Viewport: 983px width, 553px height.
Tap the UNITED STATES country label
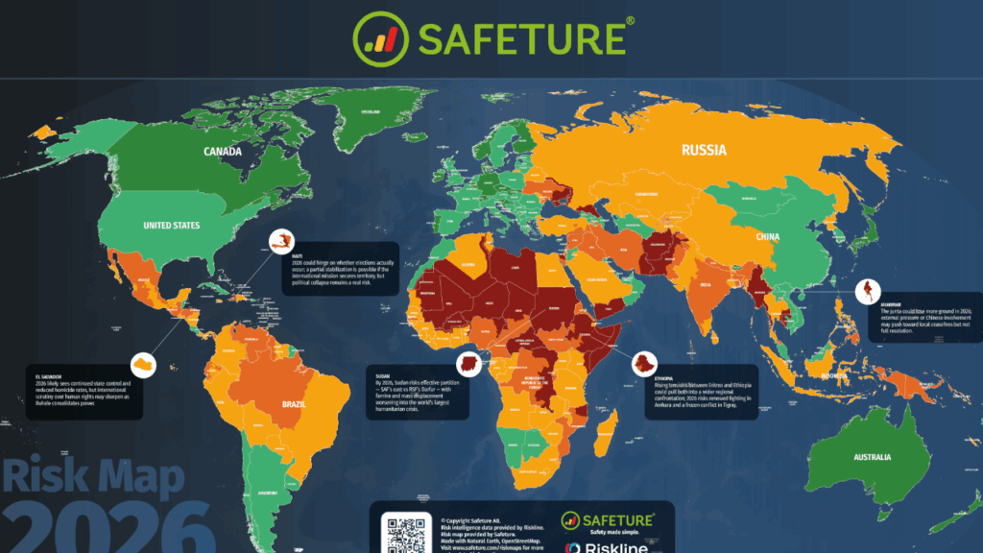(172, 226)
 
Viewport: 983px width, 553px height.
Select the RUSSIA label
(704, 150)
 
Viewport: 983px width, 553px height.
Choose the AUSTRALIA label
(873, 457)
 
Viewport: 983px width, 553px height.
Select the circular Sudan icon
(468, 364)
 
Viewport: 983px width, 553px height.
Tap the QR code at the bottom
(403, 531)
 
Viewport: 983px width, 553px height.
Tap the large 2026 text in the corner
(106, 528)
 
